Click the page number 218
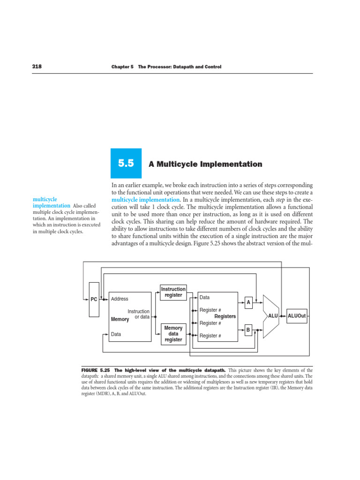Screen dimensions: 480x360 point(37,67)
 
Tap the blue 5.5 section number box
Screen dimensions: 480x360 point(126,164)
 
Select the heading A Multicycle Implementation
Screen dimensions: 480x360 point(205,164)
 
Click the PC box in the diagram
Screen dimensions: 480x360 point(94,299)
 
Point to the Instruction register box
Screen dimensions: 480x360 point(173,292)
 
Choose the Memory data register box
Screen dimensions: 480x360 point(173,333)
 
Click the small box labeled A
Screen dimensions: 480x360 point(248,303)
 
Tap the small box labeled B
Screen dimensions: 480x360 point(248,330)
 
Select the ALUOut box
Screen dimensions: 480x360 point(297,316)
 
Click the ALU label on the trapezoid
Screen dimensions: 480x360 point(273,316)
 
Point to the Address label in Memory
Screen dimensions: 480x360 point(119,299)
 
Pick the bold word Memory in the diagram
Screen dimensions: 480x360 point(120,319)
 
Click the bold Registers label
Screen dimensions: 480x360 point(225,316)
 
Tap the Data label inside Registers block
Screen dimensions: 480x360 point(205,298)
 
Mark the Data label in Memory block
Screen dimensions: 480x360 point(116,335)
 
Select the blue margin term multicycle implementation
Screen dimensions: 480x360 point(52,202)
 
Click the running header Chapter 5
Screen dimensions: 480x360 point(122,67)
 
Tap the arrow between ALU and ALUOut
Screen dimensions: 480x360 point(282,316)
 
